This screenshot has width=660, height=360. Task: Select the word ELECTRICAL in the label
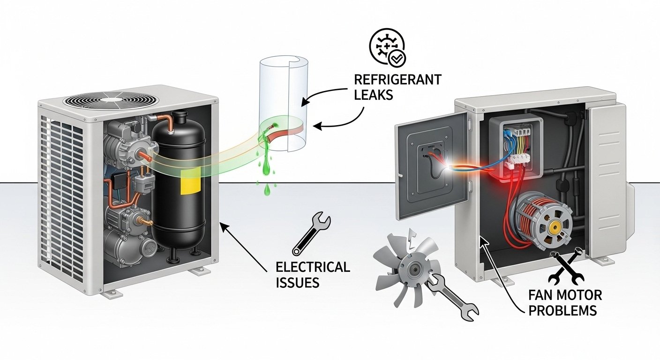pos(313,267)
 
